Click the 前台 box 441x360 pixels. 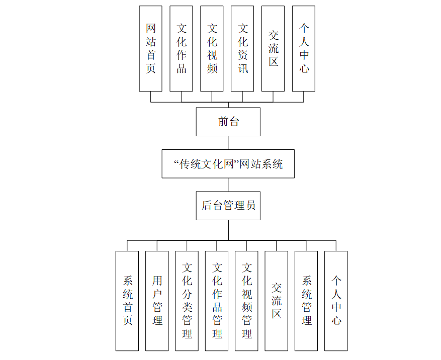pos(228,122)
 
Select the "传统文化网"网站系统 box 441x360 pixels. pos(228,163)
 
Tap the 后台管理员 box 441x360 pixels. pos(228,205)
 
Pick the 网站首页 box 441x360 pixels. pos(150,49)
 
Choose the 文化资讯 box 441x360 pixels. pos(242,49)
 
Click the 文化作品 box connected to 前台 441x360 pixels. pos(181,49)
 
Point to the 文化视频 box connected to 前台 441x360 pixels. pos(212,49)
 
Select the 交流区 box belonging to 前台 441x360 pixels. pos(273,49)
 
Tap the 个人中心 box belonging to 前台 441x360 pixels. pos(304,49)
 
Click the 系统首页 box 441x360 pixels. pos(127,301)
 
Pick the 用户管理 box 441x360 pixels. pos(157,301)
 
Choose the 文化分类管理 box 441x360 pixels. pos(187,301)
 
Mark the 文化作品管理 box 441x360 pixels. pos(217,301)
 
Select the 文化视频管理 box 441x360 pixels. pos(246,301)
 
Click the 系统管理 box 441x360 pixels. pos(306,301)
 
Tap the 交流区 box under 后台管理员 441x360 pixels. pos(276,301)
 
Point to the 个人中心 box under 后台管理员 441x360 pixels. pos(336,301)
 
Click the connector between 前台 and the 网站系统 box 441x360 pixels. pos(228,142)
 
